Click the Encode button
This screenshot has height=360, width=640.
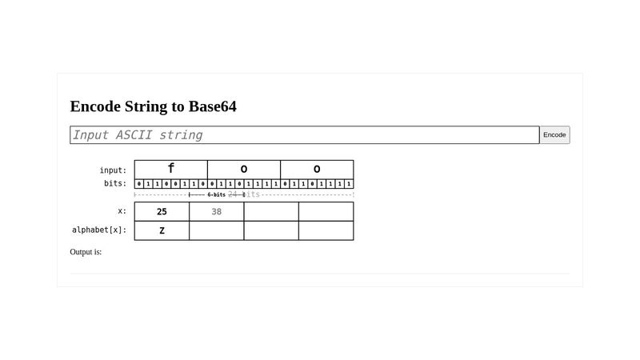point(554,135)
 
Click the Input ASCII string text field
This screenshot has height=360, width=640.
point(304,135)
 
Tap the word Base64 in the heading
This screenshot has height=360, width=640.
point(213,106)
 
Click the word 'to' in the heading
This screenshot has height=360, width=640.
point(178,106)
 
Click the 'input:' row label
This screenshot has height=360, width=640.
point(113,170)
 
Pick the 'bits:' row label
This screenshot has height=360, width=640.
point(115,184)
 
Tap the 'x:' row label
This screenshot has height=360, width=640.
point(122,211)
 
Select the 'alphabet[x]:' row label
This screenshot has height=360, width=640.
point(99,230)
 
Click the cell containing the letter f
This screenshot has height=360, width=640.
point(170,170)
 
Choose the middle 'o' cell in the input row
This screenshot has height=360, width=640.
point(244,170)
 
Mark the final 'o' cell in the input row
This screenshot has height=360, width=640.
point(317,170)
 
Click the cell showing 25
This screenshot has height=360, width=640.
point(162,211)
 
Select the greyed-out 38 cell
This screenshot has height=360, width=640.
point(217,211)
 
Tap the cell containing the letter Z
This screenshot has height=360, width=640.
point(162,230)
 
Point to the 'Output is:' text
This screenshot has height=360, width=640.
point(86,252)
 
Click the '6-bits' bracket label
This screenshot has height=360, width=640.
point(216,194)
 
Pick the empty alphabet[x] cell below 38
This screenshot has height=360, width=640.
point(217,230)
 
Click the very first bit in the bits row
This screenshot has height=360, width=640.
point(138,184)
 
